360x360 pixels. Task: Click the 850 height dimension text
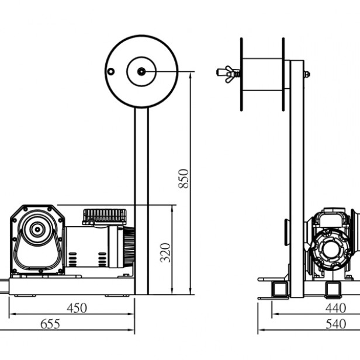[184, 178]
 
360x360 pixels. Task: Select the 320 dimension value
[166, 252]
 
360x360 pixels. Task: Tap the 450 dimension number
[77, 307]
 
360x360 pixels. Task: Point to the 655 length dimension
[50, 323]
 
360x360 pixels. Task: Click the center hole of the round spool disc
[141, 71]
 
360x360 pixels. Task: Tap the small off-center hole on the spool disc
[110, 71]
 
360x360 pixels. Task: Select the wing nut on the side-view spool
[226, 74]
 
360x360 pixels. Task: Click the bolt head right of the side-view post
[306, 74]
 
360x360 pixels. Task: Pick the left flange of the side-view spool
[240, 74]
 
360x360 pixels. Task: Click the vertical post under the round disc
[142, 199]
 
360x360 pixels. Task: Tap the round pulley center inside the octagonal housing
[36, 231]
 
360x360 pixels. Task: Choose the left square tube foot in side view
[276, 289]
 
